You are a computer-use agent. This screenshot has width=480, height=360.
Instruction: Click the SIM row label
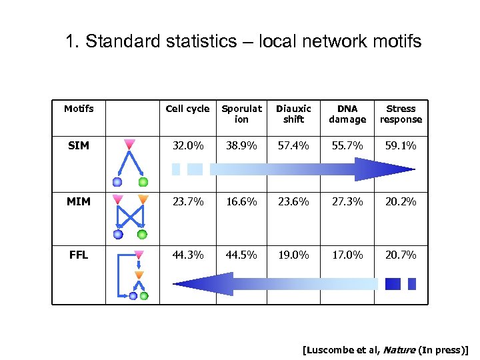coord(79,145)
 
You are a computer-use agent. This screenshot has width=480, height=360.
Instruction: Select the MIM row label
coord(79,201)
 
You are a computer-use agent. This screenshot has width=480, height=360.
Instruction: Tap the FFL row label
coord(79,254)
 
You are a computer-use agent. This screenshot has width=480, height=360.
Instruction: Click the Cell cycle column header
coord(187,109)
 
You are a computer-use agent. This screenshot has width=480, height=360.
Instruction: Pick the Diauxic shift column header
coord(293,114)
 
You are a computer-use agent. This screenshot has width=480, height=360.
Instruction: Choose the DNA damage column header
coord(347,114)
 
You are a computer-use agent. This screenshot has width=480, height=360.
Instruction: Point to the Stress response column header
coord(401,114)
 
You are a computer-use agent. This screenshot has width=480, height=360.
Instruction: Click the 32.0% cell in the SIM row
coord(187,145)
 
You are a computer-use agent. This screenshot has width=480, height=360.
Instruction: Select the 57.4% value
coord(293,145)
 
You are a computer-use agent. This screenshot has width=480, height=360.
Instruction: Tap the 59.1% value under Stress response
coord(401,145)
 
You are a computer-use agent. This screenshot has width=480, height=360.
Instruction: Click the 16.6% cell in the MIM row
coord(241,201)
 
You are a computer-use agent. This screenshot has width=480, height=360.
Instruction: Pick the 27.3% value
coord(347,201)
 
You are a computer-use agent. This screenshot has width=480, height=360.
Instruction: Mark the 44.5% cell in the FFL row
coord(241,254)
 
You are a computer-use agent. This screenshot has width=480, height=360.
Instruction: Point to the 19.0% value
coord(293,254)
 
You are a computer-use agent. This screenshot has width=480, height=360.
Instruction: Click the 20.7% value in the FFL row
coord(401,254)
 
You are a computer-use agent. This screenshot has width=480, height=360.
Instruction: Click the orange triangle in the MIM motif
coord(142,199)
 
